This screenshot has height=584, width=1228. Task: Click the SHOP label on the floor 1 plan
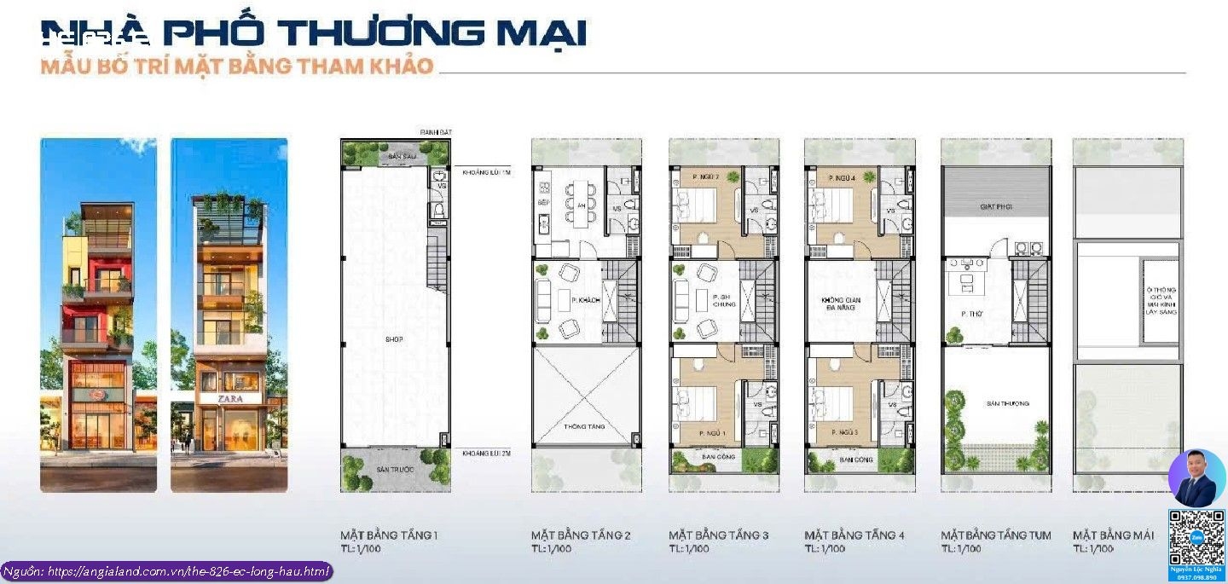tap(393, 339)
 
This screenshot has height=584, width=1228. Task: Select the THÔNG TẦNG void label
tap(584, 426)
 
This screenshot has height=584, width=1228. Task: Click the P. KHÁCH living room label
tap(570, 298)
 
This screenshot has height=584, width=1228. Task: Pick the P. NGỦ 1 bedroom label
tap(712, 434)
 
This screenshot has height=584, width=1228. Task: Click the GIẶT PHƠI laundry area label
tap(995, 207)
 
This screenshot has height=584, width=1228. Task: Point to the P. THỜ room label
tap(972, 314)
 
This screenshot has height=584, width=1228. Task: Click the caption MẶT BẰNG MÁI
tap(1113, 535)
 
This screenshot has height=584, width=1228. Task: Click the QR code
tap(1196, 538)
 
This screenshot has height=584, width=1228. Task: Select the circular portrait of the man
tap(1196, 478)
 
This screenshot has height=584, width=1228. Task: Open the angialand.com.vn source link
tap(166, 571)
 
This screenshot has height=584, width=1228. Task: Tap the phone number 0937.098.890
tap(1196, 577)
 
